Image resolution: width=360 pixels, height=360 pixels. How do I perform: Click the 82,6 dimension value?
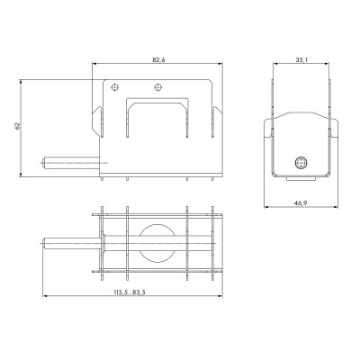158,60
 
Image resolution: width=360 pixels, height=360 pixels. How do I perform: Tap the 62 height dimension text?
18,126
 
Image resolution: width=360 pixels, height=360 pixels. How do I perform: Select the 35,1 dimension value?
301,60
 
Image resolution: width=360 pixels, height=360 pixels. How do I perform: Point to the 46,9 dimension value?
301,203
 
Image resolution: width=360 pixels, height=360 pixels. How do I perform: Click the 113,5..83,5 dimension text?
130,292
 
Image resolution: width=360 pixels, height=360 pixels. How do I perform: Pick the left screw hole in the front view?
114,87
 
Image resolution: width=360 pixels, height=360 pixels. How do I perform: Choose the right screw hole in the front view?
157,87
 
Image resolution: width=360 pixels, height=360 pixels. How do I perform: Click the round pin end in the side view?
301,163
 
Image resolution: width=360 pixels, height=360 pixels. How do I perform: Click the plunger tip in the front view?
44,163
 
